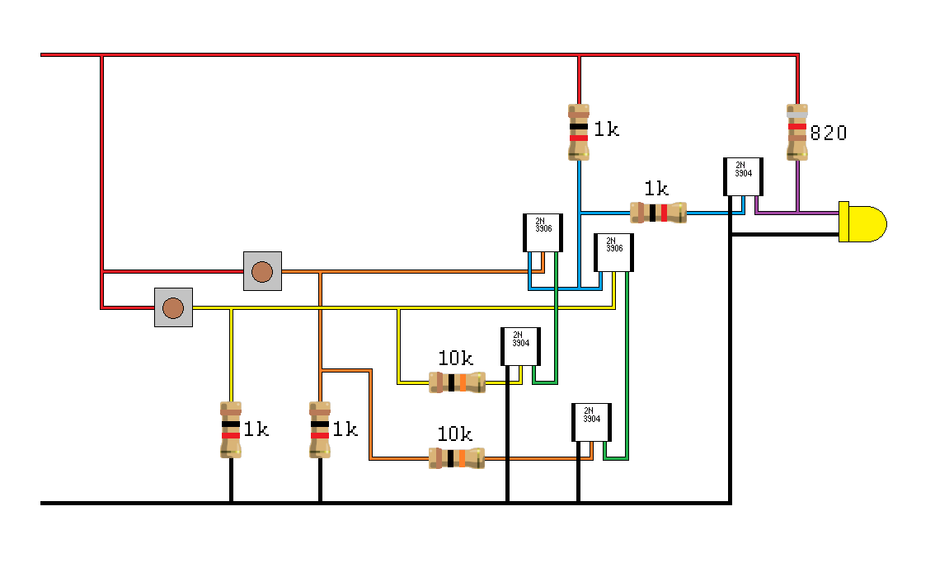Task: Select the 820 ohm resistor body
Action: click(x=796, y=132)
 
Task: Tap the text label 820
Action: click(x=828, y=133)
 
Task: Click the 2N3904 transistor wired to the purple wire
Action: click(x=743, y=176)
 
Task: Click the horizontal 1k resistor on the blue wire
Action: click(x=658, y=213)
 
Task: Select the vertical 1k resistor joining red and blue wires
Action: click(x=579, y=132)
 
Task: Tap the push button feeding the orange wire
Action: click(x=262, y=271)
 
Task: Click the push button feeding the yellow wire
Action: click(x=173, y=307)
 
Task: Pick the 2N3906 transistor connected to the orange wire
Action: click(x=542, y=232)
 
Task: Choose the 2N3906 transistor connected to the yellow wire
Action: click(x=613, y=251)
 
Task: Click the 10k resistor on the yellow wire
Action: click(x=457, y=382)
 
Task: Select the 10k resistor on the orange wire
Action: click(x=456, y=458)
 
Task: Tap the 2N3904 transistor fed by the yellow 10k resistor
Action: click(x=520, y=346)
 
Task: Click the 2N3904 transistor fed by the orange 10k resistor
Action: click(x=591, y=422)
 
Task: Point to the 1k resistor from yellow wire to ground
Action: click(x=231, y=429)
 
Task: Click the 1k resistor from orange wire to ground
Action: click(x=320, y=429)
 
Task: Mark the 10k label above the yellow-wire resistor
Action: click(x=455, y=359)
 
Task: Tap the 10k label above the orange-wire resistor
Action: click(x=454, y=434)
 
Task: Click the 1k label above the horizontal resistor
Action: click(x=656, y=189)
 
